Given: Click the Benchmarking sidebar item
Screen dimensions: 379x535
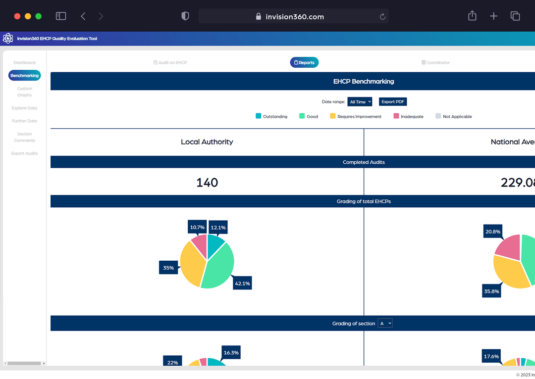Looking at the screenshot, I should click(x=24, y=76).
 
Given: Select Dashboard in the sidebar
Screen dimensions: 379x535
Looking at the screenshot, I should click(x=24, y=63).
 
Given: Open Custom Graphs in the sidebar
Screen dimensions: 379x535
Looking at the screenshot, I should click(x=24, y=92).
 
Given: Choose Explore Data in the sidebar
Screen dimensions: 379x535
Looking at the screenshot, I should click(x=24, y=108).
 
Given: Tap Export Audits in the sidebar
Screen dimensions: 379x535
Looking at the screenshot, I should click(x=24, y=153).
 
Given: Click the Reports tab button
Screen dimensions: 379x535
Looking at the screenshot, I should click(x=304, y=62).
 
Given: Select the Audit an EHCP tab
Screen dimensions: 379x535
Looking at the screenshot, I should click(x=170, y=63).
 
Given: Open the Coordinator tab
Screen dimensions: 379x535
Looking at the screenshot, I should click(x=435, y=63).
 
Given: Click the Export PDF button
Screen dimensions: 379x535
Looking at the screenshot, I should click(x=393, y=101).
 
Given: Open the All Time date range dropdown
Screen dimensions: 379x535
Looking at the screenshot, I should click(x=360, y=101).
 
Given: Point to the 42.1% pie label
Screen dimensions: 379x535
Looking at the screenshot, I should click(x=242, y=283).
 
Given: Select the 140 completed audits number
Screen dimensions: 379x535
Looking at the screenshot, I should click(x=207, y=183).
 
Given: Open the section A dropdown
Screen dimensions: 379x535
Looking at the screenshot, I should click(x=385, y=323).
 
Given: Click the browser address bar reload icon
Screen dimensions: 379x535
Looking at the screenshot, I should click(x=382, y=16).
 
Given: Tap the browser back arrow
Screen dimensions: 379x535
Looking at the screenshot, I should click(x=83, y=16).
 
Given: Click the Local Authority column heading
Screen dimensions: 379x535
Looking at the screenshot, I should click(x=207, y=142).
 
